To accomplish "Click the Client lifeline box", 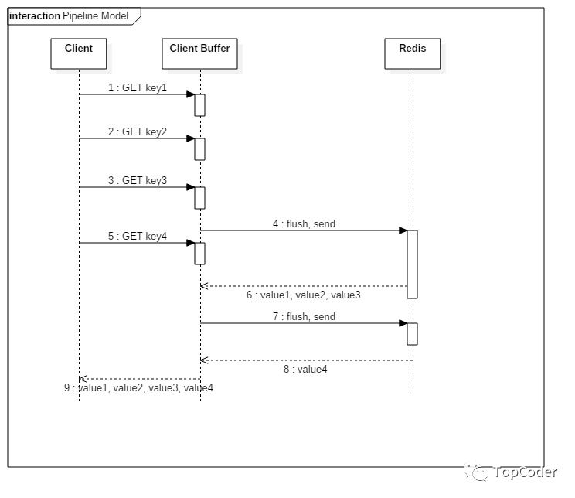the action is (x=79, y=53).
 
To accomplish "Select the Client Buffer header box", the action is (x=199, y=53).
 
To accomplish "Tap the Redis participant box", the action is (x=412, y=53).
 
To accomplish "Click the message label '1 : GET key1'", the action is (x=137, y=87).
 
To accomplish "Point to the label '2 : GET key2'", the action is (x=137, y=131).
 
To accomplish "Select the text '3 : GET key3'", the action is (x=137, y=180).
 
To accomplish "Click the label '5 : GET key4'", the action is (x=137, y=236).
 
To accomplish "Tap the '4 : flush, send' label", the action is (x=304, y=223).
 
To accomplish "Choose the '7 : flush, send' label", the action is (x=304, y=317).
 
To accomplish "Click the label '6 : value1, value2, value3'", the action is (x=303, y=295).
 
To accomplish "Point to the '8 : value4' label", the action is (x=305, y=369).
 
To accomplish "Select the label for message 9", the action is (x=138, y=388).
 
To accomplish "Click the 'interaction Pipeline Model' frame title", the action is (x=69, y=15).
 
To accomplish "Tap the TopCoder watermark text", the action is (x=525, y=472).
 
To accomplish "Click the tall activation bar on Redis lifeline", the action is (x=412, y=264).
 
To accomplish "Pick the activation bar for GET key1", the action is (x=199, y=105).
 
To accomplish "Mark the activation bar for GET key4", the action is (x=199, y=253).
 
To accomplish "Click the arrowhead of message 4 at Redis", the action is (x=403, y=230).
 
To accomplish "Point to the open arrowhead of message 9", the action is (x=83, y=379).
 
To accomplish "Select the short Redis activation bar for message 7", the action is (x=412, y=334).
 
